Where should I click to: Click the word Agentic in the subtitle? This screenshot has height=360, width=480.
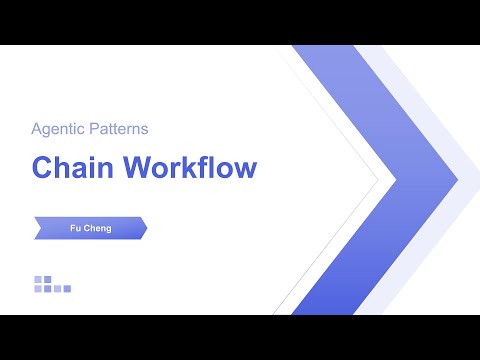[x=57, y=128]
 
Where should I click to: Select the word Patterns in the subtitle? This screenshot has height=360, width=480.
[x=118, y=128]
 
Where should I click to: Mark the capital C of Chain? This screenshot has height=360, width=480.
[x=42, y=167]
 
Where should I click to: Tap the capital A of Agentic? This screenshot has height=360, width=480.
[x=36, y=128]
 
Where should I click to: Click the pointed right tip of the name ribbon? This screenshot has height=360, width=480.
[x=147, y=228]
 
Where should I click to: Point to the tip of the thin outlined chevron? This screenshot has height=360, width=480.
[x=378, y=181]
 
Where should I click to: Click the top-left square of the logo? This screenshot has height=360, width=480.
[x=38, y=279]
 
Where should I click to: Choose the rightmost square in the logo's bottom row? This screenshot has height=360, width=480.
[x=67, y=289]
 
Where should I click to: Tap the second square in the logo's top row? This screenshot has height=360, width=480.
[x=47, y=279]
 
